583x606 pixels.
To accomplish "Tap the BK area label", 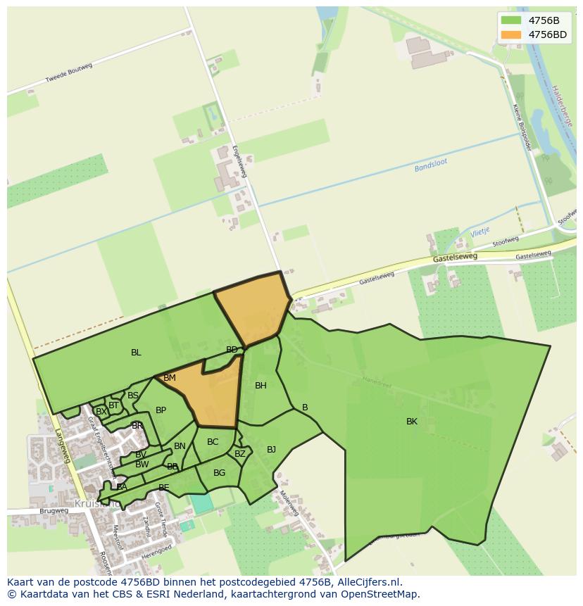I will tap(412, 422).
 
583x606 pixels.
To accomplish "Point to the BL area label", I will tap(136, 353).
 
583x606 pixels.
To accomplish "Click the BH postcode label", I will tap(261, 385).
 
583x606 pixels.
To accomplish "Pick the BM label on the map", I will tap(170, 378).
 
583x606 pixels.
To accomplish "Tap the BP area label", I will tap(161, 410).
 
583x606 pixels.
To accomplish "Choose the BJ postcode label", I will tap(271, 449).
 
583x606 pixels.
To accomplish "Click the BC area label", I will tap(213, 442).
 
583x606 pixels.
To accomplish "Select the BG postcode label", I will tap(219, 473).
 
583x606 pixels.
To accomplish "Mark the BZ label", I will tap(240, 454).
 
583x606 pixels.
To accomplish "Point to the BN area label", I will tap(180, 446).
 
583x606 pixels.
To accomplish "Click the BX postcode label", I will tap(101, 411).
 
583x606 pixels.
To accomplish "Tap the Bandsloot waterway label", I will tap(431, 167).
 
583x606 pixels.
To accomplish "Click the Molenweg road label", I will tap(289, 503).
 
